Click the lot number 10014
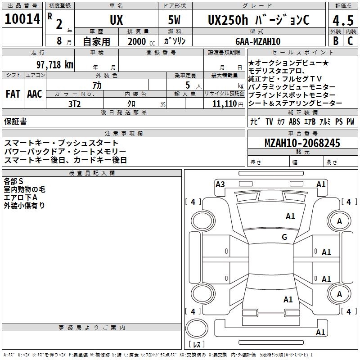[x=22, y=20]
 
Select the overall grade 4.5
[x=342, y=21]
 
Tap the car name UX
[x=116, y=20]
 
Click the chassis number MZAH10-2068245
[x=302, y=143]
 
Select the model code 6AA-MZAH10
[x=258, y=41]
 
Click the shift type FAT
[x=13, y=94]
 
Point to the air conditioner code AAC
[x=35, y=94]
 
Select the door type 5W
[x=174, y=20]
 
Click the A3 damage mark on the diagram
[x=220, y=184]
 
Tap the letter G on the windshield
[x=284, y=237]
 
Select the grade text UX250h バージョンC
[x=258, y=20]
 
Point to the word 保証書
[x=15, y=121]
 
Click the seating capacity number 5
[x=187, y=85]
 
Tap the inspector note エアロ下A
[x=20, y=198]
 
